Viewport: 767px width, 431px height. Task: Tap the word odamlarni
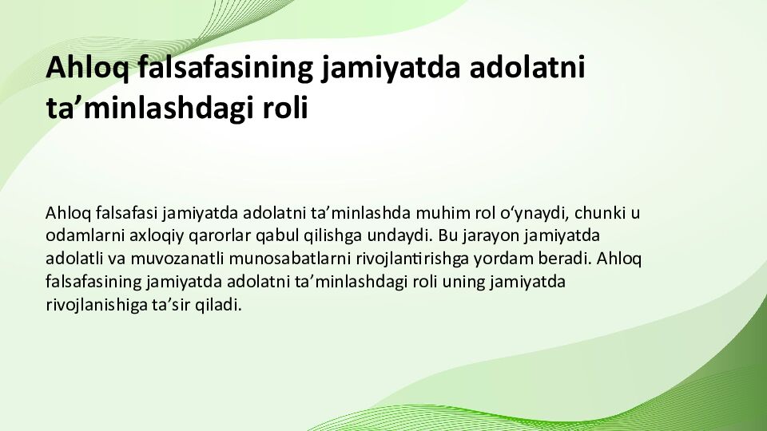81,236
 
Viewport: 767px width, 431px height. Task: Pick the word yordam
503,259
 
